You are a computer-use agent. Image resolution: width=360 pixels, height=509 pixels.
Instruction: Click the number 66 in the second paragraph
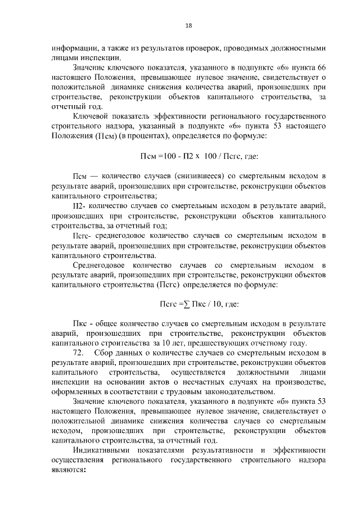321,67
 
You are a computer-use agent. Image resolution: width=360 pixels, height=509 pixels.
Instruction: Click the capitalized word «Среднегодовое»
98,265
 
